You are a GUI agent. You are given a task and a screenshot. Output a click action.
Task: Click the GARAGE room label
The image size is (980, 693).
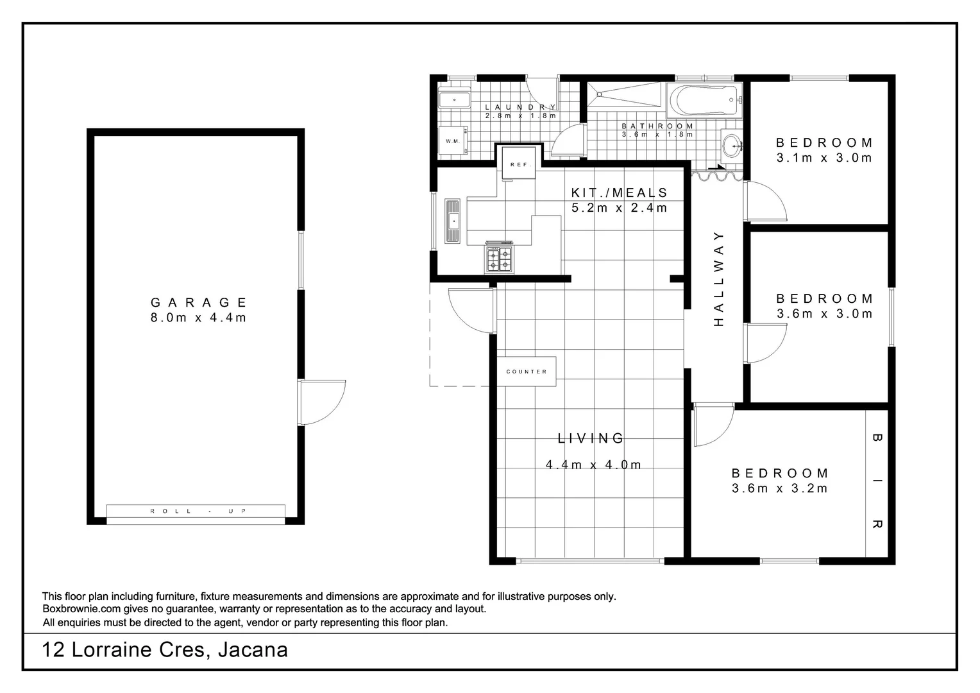(199, 302)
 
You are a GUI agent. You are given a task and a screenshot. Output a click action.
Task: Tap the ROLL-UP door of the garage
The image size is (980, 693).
(196, 511)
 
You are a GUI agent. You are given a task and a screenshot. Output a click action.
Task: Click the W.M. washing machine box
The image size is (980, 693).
(453, 141)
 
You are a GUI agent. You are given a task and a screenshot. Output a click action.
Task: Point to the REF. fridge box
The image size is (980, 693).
(519, 165)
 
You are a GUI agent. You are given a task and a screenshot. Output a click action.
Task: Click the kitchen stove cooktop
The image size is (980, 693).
(499, 259)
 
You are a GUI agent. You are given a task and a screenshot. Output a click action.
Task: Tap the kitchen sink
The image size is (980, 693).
(453, 221)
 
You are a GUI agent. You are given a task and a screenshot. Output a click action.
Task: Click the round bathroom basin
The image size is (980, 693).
(731, 145)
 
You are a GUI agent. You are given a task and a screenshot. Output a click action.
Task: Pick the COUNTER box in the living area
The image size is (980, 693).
(527, 372)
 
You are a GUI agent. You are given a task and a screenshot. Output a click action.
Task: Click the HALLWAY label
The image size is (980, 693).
(718, 278)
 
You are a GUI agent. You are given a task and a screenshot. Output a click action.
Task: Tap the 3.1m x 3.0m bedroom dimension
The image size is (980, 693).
(824, 158)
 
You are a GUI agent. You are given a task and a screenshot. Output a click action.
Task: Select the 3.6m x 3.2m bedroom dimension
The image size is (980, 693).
(779, 488)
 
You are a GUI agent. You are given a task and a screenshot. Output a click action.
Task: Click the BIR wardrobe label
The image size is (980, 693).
(877, 481)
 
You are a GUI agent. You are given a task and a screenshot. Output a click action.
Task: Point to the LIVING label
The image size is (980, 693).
(591, 438)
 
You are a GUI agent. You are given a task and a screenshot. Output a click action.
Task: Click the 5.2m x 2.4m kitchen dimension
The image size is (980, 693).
(619, 208)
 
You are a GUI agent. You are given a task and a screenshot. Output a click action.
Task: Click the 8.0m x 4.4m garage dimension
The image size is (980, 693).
(199, 318)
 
